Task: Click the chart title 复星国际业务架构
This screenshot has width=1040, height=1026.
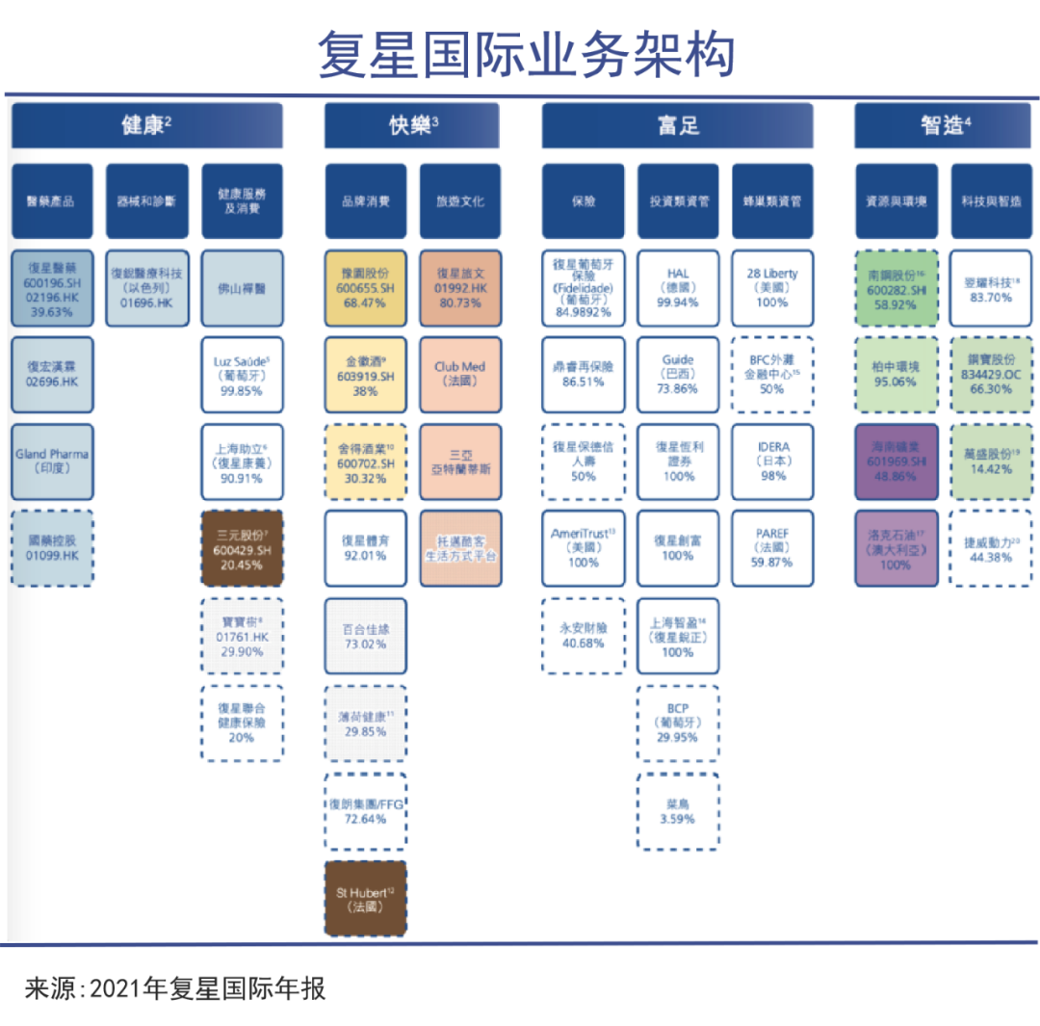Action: click(x=526, y=54)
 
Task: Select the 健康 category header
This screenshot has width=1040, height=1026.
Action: click(x=146, y=125)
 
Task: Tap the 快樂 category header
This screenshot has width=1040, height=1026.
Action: click(x=412, y=125)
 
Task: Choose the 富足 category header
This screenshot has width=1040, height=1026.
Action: click(x=678, y=125)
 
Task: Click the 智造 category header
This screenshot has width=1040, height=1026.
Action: click(x=944, y=125)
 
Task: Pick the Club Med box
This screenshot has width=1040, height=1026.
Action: click(x=459, y=374)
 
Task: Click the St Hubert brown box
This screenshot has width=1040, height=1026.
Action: click(x=365, y=899)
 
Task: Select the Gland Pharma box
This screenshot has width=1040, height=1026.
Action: click(x=53, y=460)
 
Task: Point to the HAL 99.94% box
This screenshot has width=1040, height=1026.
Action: click(x=677, y=287)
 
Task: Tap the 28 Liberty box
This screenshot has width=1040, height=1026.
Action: click(x=772, y=287)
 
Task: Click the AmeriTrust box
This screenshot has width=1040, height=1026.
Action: click(x=583, y=547)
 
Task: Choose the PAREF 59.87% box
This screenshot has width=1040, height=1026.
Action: click(x=772, y=547)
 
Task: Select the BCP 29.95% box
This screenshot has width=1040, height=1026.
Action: click(x=677, y=722)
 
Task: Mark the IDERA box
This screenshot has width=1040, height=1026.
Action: click(x=772, y=460)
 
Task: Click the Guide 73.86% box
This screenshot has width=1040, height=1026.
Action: click(x=677, y=374)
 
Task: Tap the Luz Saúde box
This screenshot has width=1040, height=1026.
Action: click(x=242, y=374)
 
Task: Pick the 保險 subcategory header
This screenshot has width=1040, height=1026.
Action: click(x=583, y=201)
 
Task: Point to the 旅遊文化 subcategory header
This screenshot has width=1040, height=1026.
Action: click(x=459, y=201)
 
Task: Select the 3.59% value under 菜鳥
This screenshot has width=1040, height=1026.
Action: click(x=677, y=819)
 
